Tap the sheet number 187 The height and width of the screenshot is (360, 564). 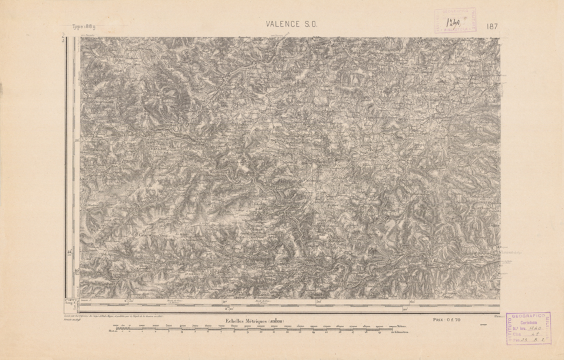[x=493, y=27]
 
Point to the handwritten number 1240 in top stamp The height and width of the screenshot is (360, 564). [x=456, y=19]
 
